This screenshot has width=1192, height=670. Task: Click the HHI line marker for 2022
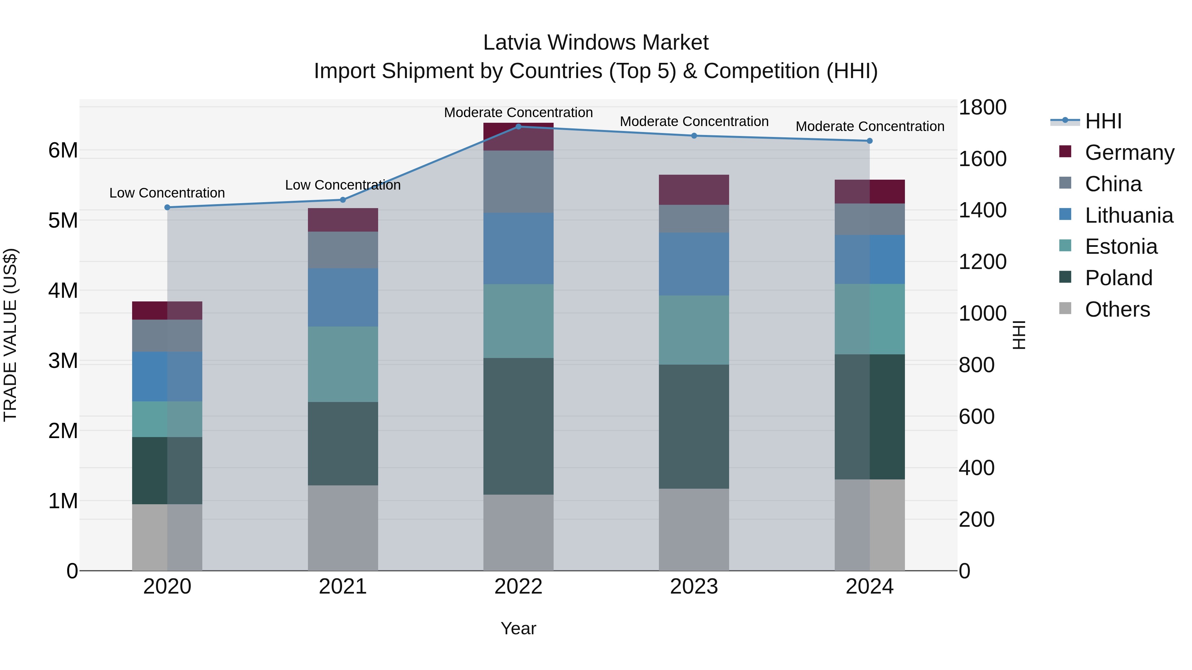pos(518,126)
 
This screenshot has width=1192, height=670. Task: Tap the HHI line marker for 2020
pos(168,207)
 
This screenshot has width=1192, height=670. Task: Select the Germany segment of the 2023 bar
pos(694,190)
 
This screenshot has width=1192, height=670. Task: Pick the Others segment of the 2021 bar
pos(343,528)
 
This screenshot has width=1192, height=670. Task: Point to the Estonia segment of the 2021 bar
pos(343,364)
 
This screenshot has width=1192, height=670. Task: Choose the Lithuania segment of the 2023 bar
pos(694,264)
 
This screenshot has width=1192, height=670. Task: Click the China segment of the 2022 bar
pos(518,181)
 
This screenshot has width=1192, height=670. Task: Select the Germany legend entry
pos(1129,153)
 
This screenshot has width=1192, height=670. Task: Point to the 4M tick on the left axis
pos(63,290)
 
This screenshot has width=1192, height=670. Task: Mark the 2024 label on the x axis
pos(869,587)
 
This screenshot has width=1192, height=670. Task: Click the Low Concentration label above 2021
pos(343,185)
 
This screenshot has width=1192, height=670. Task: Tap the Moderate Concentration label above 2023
pos(694,122)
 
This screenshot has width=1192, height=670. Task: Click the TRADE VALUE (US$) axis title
pos(10,335)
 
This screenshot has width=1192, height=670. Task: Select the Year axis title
pos(518,628)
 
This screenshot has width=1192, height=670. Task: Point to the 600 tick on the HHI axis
pos(976,417)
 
